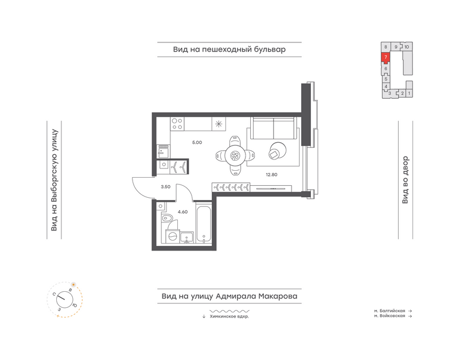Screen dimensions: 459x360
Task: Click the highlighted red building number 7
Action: tap(386, 57)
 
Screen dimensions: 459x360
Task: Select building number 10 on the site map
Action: tap(407, 47)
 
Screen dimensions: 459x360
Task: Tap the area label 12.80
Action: tap(271, 175)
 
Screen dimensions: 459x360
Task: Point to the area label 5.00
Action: tap(197, 142)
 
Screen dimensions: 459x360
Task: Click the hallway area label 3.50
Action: tap(165, 187)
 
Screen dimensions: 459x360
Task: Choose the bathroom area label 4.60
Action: tap(182, 212)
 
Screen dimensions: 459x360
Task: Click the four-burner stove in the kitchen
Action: tap(177, 124)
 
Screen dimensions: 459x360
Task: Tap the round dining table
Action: tap(235, 155)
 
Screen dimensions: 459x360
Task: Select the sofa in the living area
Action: tap(274, 128)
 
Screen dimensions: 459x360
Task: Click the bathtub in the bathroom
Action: tap(204, 225)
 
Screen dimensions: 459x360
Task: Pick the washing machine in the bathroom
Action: tap(172, 236)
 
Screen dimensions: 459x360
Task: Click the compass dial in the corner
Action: tap(65, 299)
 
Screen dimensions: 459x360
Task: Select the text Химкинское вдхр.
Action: tap(229, 316)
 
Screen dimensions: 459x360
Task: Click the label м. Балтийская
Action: tap(390, 311)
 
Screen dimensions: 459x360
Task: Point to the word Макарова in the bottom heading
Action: tap(278, 296)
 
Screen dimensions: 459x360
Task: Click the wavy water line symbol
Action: tap(229, 311)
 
